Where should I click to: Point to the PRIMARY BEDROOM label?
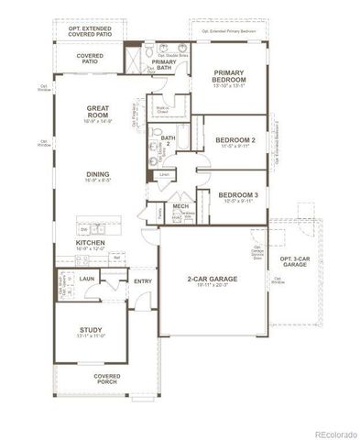[235, 76]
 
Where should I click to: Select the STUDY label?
[91, 329]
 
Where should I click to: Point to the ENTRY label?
[143, 281]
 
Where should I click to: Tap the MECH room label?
[181, 207]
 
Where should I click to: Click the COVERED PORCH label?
[107, 379]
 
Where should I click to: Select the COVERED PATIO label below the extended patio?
[89, 59]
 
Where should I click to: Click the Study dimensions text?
[91, 337]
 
